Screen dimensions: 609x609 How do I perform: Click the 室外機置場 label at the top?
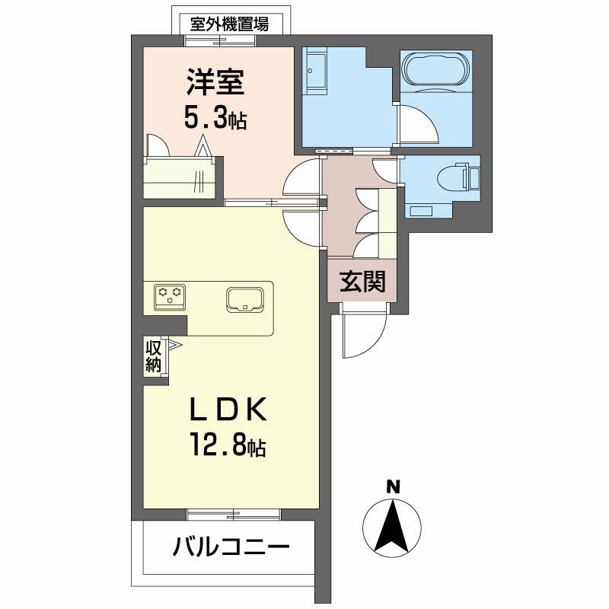(x=229, y=24)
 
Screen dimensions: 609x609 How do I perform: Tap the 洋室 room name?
(x=215, y=82)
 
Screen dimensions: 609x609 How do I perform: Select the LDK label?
(x=228, y=409)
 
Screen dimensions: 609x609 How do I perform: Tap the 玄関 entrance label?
(x=362, y=281)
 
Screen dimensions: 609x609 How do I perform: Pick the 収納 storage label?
(x=154, y=356)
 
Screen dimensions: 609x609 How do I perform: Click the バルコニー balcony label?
(x=231, y=547)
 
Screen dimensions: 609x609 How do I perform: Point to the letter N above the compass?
(x=394, y=487)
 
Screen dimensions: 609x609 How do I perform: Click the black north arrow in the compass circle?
(x=391, y=526)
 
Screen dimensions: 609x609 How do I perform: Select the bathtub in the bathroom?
(x=436, y=71)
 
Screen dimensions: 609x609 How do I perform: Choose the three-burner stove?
(x=170, y=297)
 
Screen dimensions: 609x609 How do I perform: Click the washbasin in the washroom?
(x=315, y=70)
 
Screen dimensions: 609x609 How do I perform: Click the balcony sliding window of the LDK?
(x=234, y=514)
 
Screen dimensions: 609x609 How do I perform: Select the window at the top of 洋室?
(x=220, y=41)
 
